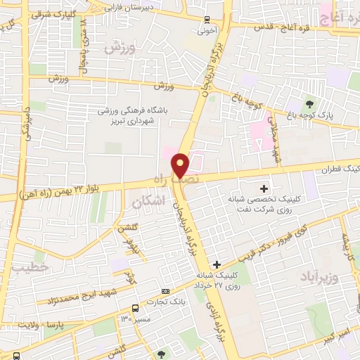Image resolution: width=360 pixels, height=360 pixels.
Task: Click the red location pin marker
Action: (x=181, y=165)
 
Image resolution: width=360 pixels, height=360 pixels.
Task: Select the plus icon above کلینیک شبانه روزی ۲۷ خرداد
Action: (x=217, y=264)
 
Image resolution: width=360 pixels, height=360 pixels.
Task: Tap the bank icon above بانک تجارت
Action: (x=165, y=291)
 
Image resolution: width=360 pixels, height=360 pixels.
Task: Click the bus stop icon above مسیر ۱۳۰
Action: (x=135, y=308)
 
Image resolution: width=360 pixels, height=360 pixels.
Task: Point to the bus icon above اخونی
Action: (x=205, y=20)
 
